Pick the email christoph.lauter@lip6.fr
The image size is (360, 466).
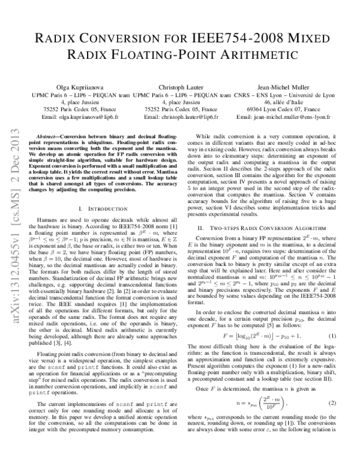(191, 118)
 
